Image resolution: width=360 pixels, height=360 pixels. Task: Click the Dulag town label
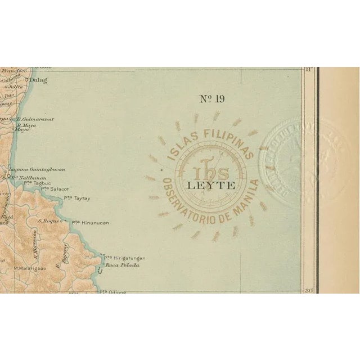[x=47, y=80]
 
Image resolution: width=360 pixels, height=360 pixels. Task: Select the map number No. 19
[x=212, y=100]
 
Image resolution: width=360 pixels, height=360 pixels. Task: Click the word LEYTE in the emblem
[x=209, y=183]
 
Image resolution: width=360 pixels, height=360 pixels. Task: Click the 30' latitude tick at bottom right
[x=308, y=290]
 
